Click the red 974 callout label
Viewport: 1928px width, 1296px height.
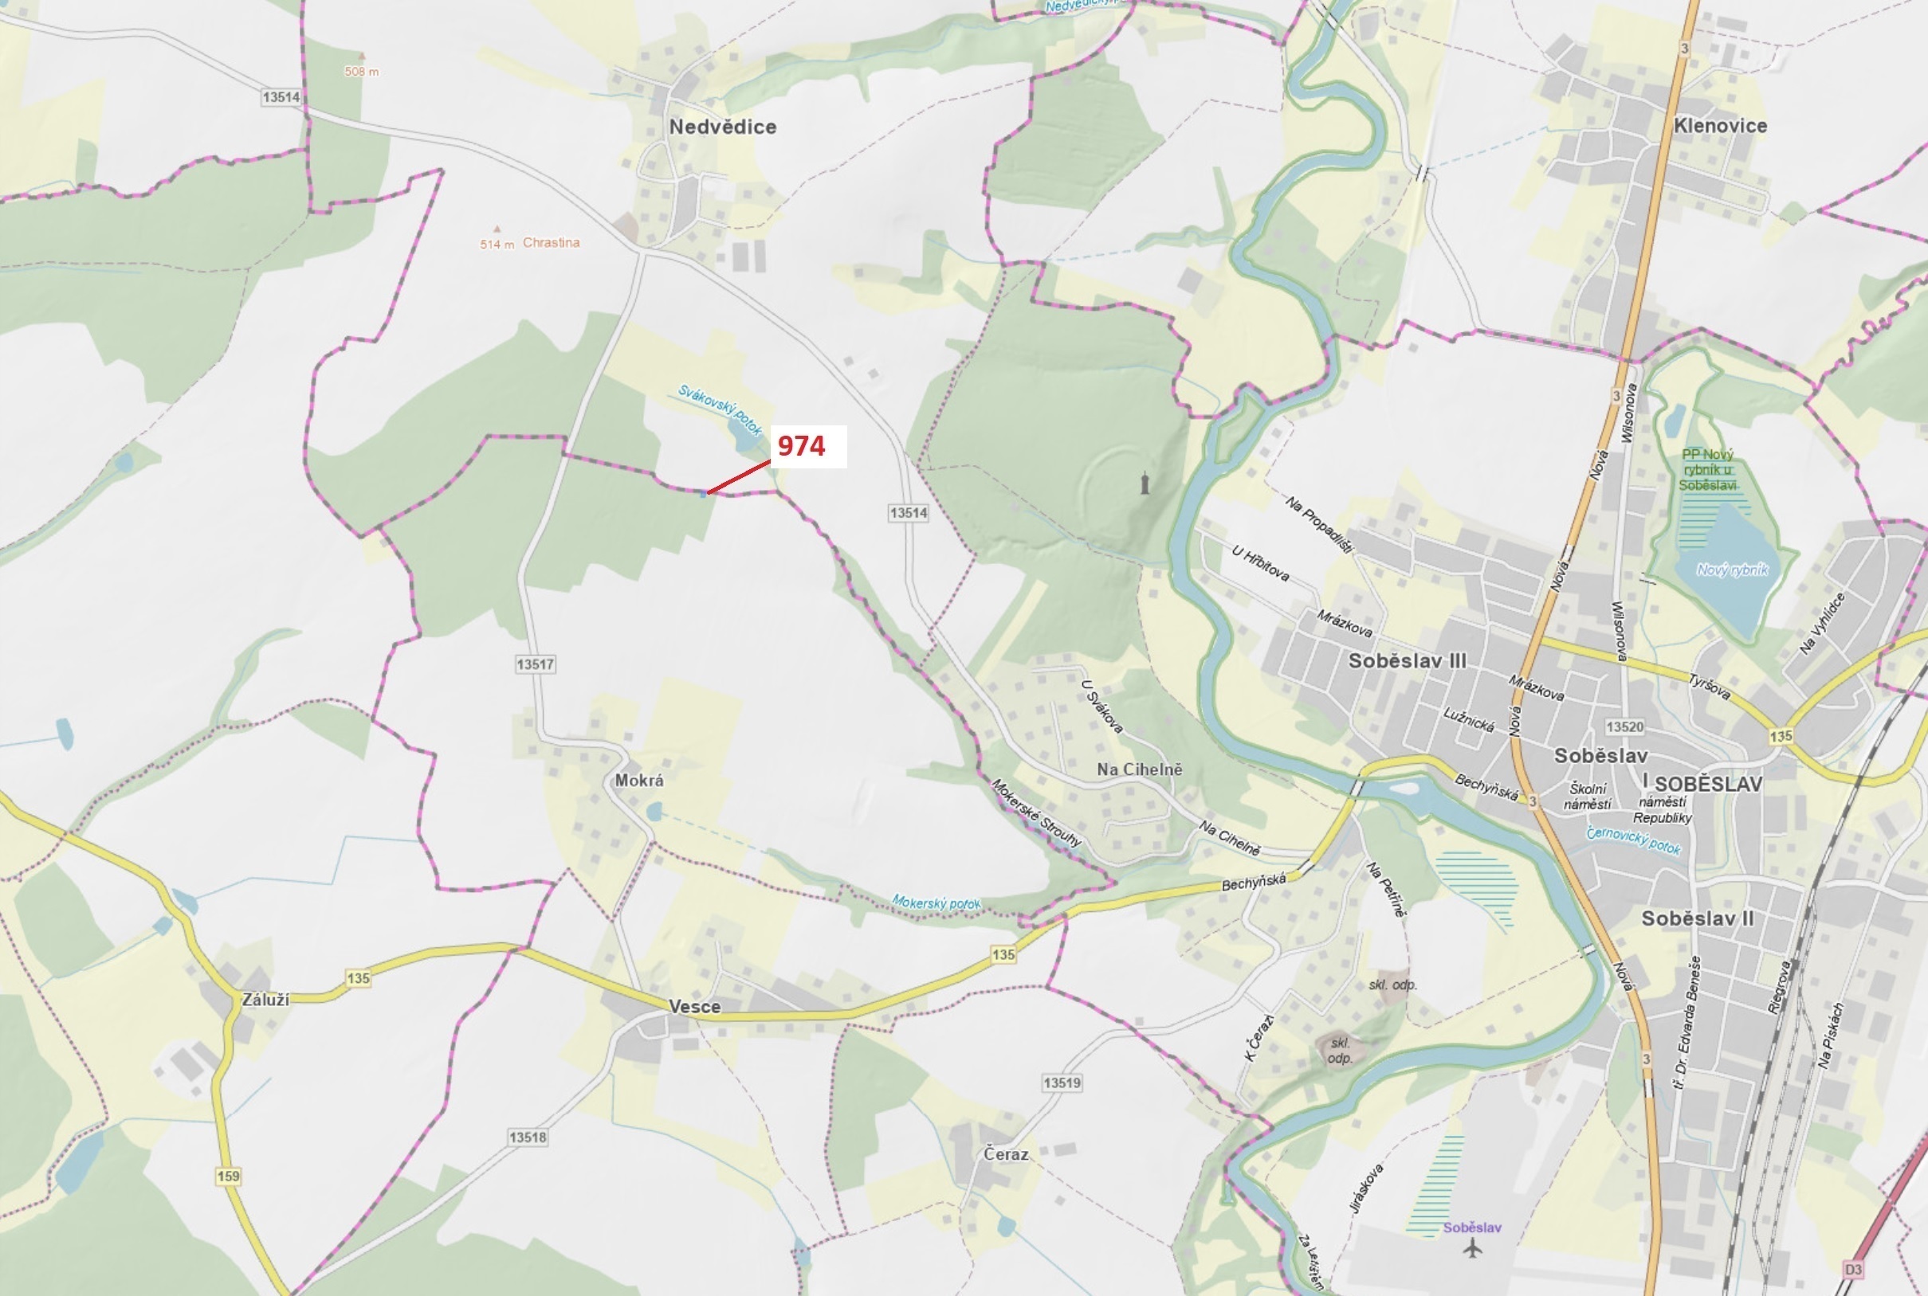[x=801, y=446]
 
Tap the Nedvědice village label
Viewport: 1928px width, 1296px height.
[x=723, y=127]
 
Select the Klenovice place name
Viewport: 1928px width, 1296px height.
[x=1720, y=126]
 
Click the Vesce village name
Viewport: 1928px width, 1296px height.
[x=694, y=1007]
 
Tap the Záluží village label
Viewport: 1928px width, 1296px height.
[x=265, y=999]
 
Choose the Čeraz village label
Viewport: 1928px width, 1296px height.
[x=1006, y=1154]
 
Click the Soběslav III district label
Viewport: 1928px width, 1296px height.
[x=1407, y=661]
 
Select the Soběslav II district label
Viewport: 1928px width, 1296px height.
[x=1698, y=918]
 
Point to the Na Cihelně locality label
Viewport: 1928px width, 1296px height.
[x=1139, y=769]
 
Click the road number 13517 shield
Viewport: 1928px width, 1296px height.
[x=535, y=664]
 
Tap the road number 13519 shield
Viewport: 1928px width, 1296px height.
[x=1062, y=1083]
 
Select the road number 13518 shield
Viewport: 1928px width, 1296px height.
[x=528, y=1137]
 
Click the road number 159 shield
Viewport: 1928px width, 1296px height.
[x=228, y=1177]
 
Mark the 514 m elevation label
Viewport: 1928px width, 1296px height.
[x=497, y=245]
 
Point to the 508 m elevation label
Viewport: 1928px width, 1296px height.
[x=362, y=72]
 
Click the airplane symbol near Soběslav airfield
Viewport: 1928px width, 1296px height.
[x=1471, y=1248]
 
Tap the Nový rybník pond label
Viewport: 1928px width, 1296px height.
[x=1732, y=570]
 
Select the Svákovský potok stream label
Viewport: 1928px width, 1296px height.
[x=719, y=410]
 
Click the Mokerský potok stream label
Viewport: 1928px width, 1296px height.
[x=936, y=903]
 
